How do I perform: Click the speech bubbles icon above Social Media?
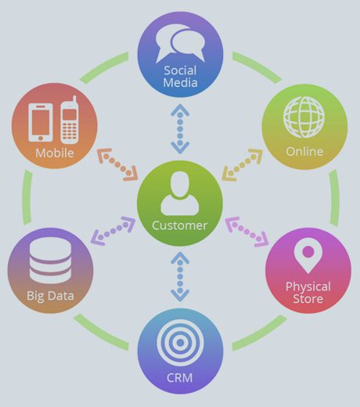180,44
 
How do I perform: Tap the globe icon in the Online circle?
304,117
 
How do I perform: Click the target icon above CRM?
180,343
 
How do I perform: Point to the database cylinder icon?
50,260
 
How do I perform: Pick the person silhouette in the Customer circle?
180,193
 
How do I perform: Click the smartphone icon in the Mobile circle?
41,122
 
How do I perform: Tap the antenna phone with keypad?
70,120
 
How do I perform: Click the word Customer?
180,225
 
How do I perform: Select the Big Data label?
50,296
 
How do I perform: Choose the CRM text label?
180,377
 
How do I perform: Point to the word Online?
304,152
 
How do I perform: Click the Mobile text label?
55,153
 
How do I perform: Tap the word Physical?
308,287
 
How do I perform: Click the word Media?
180,82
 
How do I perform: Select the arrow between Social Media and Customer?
180,129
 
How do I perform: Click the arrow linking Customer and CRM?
180,277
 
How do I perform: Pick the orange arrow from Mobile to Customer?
117,165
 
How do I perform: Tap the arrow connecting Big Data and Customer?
113,231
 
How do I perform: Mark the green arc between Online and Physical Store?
334,198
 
